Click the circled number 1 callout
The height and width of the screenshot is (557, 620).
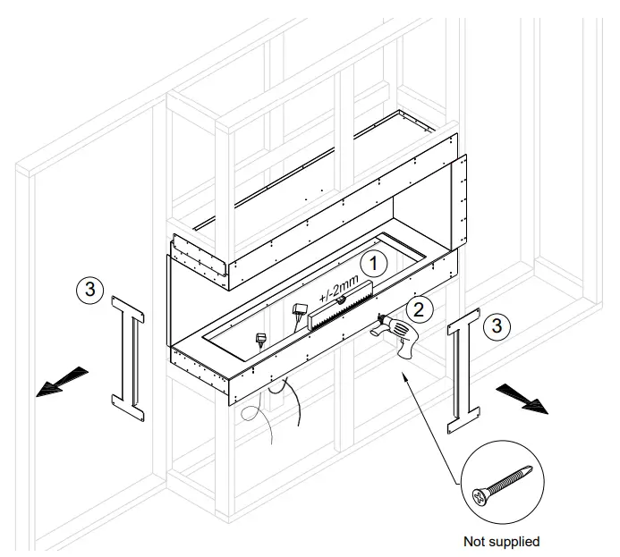coord(373,263)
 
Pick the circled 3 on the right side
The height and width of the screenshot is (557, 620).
coord(501,326)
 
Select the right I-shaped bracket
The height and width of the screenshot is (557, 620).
coord(464,368)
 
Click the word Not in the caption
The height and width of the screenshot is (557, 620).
coord(474,541)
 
